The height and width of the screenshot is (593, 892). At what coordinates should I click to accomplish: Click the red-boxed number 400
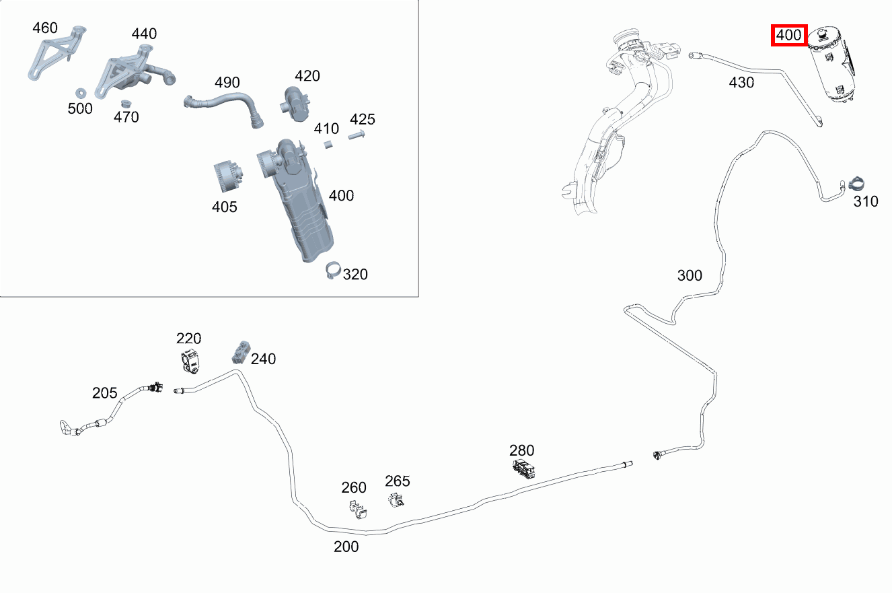click(788, 35)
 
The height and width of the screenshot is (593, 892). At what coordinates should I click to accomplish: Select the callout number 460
click(45, 28)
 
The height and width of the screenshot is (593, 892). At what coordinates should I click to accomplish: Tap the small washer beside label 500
click(81, 94)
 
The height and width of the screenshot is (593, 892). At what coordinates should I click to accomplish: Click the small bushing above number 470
click(126, 104)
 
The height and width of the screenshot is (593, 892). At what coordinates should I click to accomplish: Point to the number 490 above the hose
click(227, 83)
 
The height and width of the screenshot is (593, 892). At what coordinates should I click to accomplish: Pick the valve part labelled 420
click(295, 104)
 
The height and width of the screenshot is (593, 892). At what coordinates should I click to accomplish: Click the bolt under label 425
click(357, 135)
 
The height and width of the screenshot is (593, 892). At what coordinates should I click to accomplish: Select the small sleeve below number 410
click(328, 144)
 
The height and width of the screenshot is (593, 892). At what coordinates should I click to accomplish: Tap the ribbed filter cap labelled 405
click(228, 176)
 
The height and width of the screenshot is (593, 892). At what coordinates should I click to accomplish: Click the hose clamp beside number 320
click(333, 270)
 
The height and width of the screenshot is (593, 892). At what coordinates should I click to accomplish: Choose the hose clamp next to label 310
click(856, 184)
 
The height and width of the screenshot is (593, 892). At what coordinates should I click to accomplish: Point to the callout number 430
click(741, 83)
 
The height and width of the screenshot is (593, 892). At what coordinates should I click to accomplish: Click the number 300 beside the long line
click(690, 275)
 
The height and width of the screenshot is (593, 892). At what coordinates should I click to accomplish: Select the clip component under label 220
click(190, 361)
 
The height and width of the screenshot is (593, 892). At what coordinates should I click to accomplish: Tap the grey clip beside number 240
click(241, 352)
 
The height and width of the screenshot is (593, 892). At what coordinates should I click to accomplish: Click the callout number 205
click(105, 393)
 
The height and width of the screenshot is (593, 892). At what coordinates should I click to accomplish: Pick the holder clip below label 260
click(358, 510)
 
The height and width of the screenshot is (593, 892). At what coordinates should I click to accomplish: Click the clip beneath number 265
click(396, 499)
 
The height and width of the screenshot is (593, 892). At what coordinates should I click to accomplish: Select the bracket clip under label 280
click(523, 468)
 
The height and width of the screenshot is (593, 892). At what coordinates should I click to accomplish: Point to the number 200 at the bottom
click(346, 547)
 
